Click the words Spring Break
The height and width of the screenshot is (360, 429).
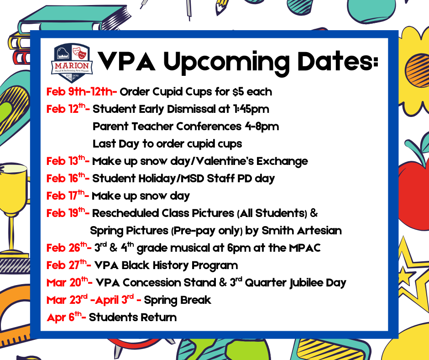[x=178, y=300]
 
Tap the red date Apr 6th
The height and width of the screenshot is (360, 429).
[x=67, y=317]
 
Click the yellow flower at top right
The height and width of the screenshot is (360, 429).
[x=413, y=64]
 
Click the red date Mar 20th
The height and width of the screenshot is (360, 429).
[x=69, y=282]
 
